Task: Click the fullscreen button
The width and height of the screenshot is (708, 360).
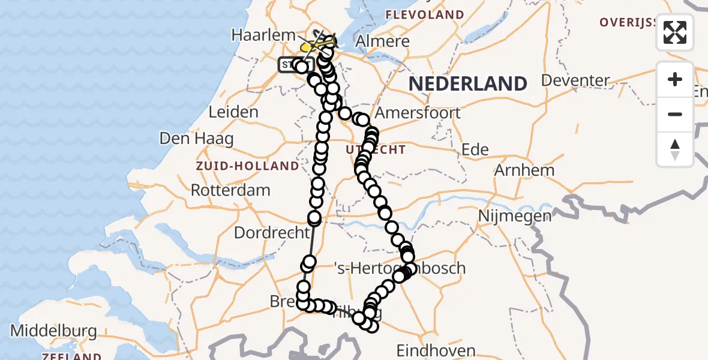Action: point(675,32)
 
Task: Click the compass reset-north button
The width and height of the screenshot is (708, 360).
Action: point(675,149)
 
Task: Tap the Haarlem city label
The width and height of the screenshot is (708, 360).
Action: point(260,35)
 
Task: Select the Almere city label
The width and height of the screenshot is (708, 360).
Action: point(383,41)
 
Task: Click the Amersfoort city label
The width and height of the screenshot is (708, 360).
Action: point(418,112)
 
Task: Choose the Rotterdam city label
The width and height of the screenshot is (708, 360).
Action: point(230,190)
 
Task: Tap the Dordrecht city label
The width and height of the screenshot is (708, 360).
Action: point(271,232)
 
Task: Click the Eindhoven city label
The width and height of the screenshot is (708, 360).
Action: point(436,350)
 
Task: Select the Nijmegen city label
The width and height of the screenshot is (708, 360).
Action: point(508,215)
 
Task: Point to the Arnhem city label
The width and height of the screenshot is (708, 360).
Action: point(524,170)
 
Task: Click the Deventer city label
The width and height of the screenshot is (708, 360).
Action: point(575,80)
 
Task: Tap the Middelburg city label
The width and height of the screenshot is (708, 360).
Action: point(53,331)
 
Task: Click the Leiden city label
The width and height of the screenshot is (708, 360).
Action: point(233,112)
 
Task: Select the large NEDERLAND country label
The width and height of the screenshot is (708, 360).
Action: point(468,83)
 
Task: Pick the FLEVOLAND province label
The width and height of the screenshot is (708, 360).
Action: point(425,14)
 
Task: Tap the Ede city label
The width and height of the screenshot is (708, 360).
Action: point(475,149)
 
